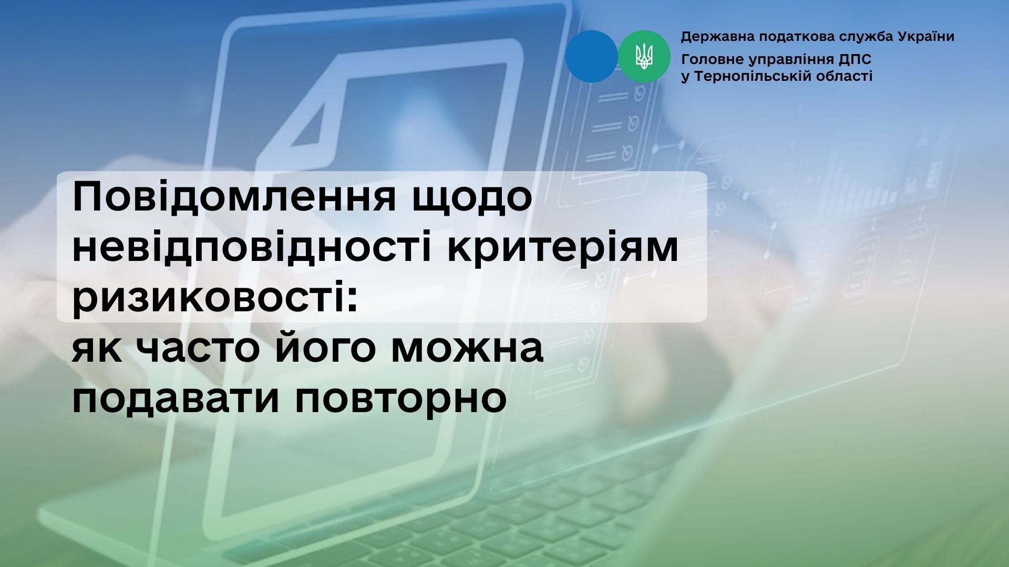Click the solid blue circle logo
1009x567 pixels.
[x=592, y=56]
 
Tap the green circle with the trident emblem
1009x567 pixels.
[x=644, y=56]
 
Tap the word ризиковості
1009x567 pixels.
[x=215, y=299]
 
